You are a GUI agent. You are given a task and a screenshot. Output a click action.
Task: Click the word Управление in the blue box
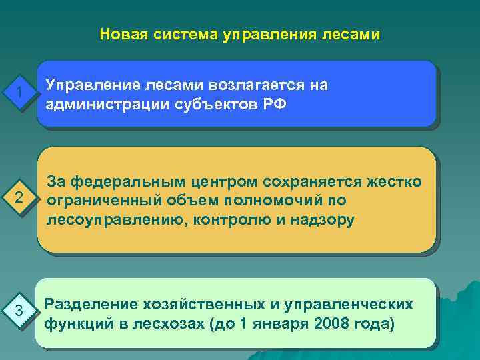(90, 85)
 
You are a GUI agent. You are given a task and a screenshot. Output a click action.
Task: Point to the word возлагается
(257, 85)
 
